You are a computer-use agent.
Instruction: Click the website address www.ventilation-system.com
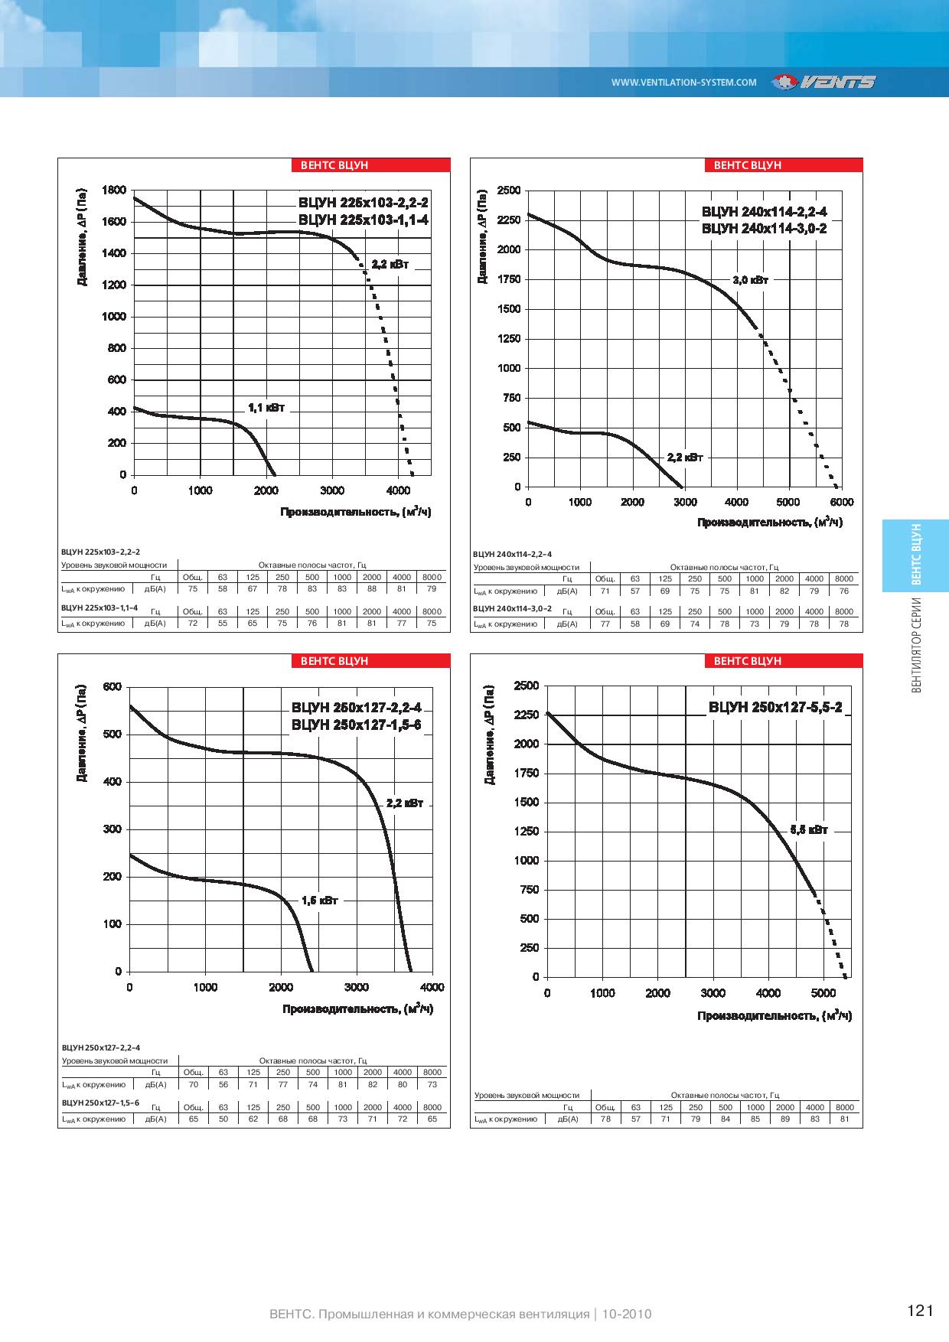pyautogui.click(x=683, y=83)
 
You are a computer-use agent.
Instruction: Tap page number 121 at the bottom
pyautogui.click(x=921, y=1311)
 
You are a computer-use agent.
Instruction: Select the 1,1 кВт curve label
pyautogui.click(x=266, y=408)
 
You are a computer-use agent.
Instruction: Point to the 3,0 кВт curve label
pyautogui.click(x=750, y=280)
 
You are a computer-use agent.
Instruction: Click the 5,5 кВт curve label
pyautogui.click(x=809, y=829)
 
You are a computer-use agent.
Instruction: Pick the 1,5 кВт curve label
pyautogui.click(x=319, y=901)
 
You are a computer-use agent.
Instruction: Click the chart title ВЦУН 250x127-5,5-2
pyautogui.click(x=775, y=708)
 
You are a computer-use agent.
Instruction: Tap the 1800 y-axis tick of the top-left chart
pyautogui.click(x=114, y=191)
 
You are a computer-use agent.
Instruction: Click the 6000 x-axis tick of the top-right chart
pyautogui.click(x=841, y=502)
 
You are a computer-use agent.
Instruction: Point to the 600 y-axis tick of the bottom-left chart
pyautogui.click(x=113, y=686)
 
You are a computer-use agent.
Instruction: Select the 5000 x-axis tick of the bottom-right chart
pyautogui.click(x=823, y=993)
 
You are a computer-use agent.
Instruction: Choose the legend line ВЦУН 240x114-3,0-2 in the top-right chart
pyautogui.click(x=765, y=229)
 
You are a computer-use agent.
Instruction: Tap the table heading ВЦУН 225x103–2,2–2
pyautogui.click(x=100, y=551)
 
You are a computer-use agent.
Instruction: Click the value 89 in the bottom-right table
pyautogui.click(x=785, y=1119)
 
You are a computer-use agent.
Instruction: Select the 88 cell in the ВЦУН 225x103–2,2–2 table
pyautogui.click(x=372, y=588)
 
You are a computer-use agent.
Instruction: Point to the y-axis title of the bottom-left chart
pyautogui.click(x=82, y=733)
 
